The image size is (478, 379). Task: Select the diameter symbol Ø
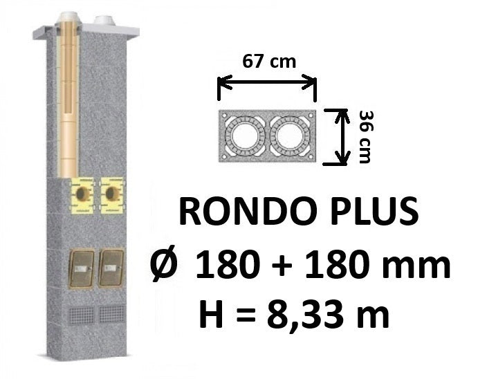pos(165,264)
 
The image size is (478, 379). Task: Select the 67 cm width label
pos(269,62)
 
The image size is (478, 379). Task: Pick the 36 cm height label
pos(365,137)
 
